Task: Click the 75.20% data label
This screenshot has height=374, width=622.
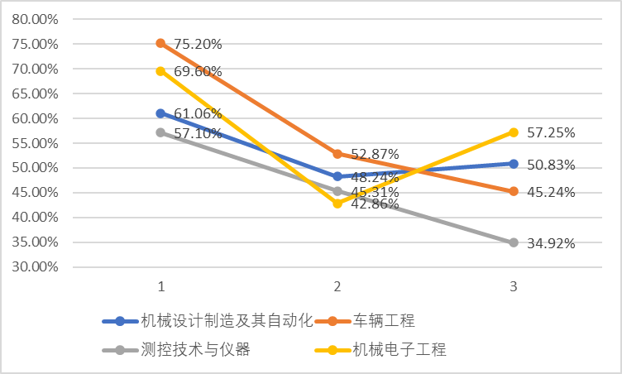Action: point(198,45)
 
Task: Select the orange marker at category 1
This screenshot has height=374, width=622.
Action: point(161,43)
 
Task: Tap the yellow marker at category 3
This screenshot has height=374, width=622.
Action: point(514,132)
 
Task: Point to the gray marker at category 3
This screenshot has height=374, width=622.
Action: point(514,242)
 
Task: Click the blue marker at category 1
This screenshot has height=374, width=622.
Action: point(161,113)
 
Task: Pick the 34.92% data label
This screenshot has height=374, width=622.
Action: point(552,243)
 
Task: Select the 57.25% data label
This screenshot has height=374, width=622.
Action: point(552,132)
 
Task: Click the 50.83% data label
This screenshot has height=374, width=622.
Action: point(552,165)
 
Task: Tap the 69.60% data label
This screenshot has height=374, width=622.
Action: point(198,73)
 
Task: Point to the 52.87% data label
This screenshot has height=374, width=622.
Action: point(375,154)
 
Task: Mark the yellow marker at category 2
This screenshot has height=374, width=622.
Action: point(337,203)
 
